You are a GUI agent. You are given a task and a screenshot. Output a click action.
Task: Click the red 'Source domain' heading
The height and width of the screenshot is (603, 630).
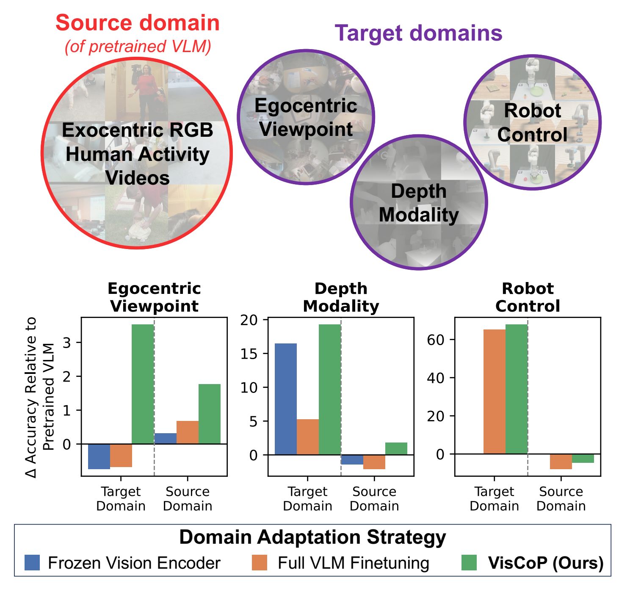[x=138, y=23]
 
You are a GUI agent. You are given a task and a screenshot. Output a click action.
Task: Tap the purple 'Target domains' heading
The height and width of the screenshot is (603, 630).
[x=418, y=33]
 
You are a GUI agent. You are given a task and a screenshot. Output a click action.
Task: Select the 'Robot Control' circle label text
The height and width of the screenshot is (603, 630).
[x=532, y=122]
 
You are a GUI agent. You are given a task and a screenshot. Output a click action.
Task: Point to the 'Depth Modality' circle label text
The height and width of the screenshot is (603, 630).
[x=418, y=203]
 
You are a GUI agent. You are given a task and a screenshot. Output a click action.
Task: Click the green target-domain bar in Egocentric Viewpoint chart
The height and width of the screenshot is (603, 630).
[x=143, y=384]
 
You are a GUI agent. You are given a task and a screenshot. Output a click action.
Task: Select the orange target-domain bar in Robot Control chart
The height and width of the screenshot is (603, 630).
[x=495, y=391]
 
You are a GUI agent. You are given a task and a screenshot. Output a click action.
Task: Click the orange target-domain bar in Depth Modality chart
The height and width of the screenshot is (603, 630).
[x=308, y=437]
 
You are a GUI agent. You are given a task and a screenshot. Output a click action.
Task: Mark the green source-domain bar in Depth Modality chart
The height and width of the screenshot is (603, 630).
[x=396, y=448]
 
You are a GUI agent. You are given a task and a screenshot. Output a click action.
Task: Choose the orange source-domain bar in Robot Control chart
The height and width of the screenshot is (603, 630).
[x=561, y=461]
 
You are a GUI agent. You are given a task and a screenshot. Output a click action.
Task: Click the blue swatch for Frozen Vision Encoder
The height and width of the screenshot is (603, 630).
[x=32, y=563]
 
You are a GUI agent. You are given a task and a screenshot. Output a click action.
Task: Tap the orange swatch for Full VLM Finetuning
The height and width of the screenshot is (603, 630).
[x=259, y=563]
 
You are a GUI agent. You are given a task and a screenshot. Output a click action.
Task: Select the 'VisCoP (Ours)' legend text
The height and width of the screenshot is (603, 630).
[x=546, y=563]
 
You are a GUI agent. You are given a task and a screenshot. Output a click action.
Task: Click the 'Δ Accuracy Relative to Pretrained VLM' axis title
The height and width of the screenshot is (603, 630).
[x=40, y=397]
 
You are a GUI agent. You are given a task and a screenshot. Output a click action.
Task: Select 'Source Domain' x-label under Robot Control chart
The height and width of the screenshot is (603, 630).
[x=561, y=498]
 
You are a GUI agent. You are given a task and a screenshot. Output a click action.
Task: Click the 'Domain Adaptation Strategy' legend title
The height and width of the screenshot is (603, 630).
[x=312, y=537]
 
